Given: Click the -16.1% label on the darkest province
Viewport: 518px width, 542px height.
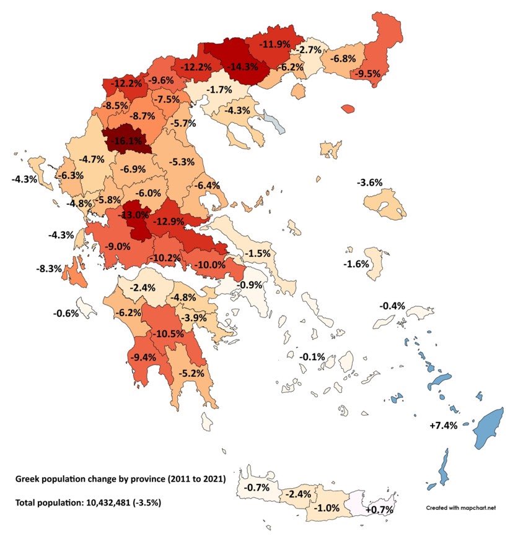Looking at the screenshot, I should click(x=126, y=141).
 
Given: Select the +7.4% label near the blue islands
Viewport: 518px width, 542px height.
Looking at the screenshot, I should click(x=443, y=426).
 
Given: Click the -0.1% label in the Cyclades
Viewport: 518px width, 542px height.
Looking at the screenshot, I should click(x=312, y=357).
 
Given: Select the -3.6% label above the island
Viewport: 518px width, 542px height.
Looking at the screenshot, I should click(x=369, y=183).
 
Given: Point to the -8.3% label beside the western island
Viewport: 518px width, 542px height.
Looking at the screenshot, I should click(x=49, y=269).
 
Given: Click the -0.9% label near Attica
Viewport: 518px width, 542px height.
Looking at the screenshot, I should click(x=251, y=285).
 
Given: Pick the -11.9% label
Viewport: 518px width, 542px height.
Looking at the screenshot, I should click(x=274, y=45).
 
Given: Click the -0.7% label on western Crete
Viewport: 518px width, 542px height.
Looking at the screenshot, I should click(x=256, y=488).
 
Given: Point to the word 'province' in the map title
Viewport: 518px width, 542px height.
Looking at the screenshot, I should click(x=145, y=480).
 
